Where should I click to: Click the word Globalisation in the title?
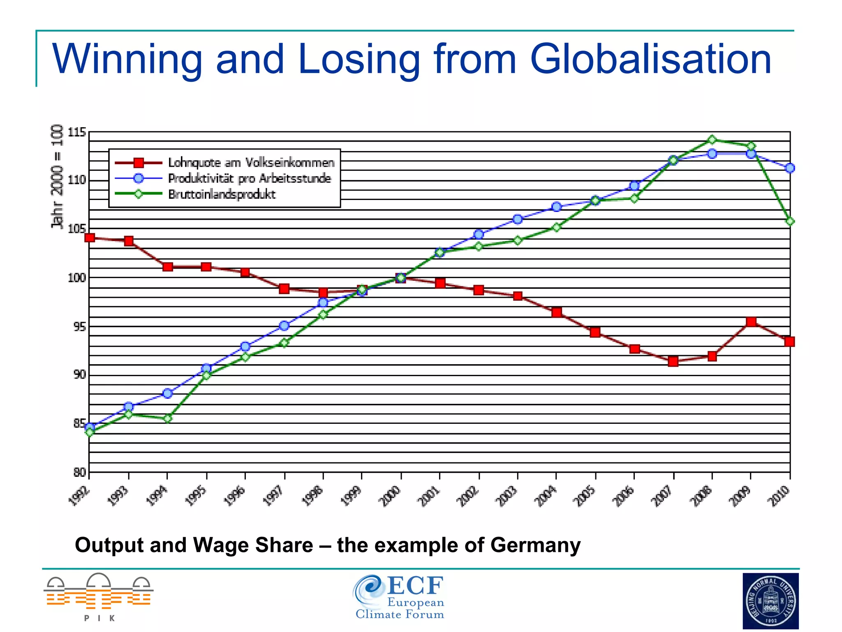pos(650,60)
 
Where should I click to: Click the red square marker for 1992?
pos(90,237)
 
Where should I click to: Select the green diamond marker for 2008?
pos(712,140)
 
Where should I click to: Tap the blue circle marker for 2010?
pos(790,168)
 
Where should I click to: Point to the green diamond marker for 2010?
pos(790,221)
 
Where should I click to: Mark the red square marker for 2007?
pos(673,362)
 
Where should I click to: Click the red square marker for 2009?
pos(751,322)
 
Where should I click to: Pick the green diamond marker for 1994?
pos(167,418)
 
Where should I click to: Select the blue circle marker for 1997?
pos(284,326)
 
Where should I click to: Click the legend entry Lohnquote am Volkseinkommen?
pos(251,163)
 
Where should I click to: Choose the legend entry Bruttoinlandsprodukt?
pos(222,194)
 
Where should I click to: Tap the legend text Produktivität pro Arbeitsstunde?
pos(250,179)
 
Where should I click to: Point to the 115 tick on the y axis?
pos(77,132)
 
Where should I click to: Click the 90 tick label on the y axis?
pos(79,374)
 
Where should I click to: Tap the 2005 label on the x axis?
pos(584,495)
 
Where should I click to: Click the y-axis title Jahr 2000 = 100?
pos(58,177)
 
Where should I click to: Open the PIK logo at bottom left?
pos(99,597)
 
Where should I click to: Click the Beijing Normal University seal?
pos(770,601)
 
